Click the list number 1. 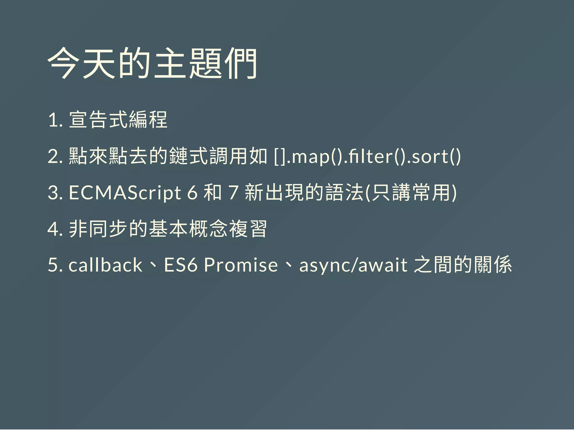[54, 120]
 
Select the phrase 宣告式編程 [118, 120]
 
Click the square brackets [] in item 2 [280, 157]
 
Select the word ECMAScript [125, 193]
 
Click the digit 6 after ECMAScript [192, 193]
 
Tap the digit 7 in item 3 [233, 193]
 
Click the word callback [105, 265]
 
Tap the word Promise [241, 265]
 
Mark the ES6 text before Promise [181, 265]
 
